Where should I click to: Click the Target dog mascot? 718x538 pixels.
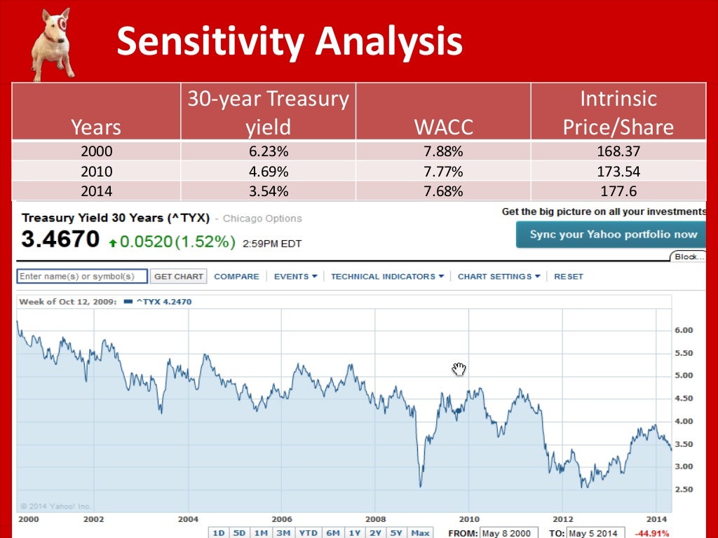(x=53, y=43)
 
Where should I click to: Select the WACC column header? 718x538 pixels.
(x=443, y=127)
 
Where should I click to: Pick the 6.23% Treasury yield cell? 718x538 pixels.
(x=268, y=151)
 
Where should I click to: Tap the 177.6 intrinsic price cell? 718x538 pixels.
(x=618, y=191)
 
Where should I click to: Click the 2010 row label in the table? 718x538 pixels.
(x=96, y=171)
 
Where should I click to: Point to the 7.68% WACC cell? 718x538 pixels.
(x=443, y=191)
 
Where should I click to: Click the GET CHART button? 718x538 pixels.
(x=179, y=277)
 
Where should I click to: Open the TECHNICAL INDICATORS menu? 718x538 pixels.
(x=387, y=277)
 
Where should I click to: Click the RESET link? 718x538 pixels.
(x=568, y=277)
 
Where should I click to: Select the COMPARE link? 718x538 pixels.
(x=236, y=277)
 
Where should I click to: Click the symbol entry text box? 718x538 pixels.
(x=81, y=277)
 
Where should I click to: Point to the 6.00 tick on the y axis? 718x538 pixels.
(x=683, y=330)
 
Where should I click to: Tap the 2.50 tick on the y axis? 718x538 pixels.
(x=683, y=490)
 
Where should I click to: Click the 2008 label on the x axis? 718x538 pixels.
(x=374, y=519)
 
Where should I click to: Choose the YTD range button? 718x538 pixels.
(x=308, y=533)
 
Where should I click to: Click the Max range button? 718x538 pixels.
(x=420, y=533)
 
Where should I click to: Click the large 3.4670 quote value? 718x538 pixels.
(x=60, y=240)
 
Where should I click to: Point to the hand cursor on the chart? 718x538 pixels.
(x=459, y=369)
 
